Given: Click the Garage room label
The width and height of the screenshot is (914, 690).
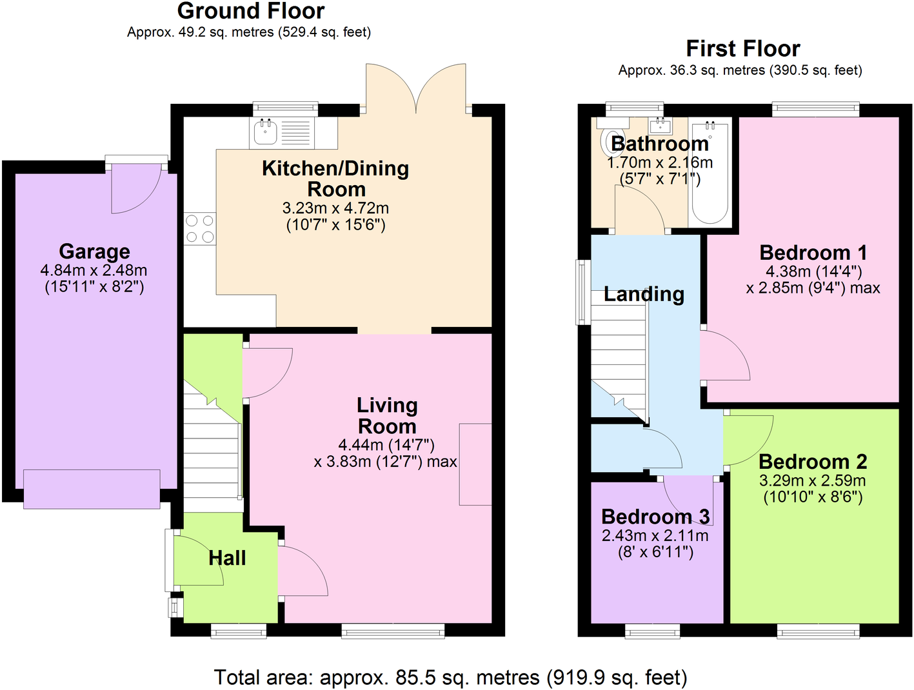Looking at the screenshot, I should (94, 251).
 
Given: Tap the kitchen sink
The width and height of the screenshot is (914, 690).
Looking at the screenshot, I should (265, 132).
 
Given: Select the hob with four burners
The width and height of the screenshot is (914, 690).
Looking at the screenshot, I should (200, 229).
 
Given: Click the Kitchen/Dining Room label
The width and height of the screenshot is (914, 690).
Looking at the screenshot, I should (335, 179).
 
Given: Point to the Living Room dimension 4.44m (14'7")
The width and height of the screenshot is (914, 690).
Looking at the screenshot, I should (386, 445).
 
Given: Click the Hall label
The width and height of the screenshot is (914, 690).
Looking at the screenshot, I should (227, 558).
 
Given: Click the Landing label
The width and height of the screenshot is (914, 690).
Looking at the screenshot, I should (644, 295).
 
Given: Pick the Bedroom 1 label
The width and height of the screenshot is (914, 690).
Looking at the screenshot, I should (813, 253).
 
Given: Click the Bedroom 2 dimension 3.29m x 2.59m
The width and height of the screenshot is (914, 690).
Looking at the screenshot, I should (812, 480).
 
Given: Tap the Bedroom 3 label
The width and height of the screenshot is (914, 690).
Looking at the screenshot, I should (655, 517).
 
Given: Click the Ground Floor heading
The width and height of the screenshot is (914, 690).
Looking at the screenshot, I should (250, 12).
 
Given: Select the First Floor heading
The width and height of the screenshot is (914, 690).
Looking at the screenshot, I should (742, 49).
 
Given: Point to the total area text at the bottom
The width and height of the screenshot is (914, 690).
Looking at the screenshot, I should (450, 678).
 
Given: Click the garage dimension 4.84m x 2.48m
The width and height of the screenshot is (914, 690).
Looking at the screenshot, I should (94, 271).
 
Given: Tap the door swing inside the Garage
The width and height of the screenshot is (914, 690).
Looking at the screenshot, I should (132, 190).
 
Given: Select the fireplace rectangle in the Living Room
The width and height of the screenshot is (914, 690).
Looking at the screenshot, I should (475, 464).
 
